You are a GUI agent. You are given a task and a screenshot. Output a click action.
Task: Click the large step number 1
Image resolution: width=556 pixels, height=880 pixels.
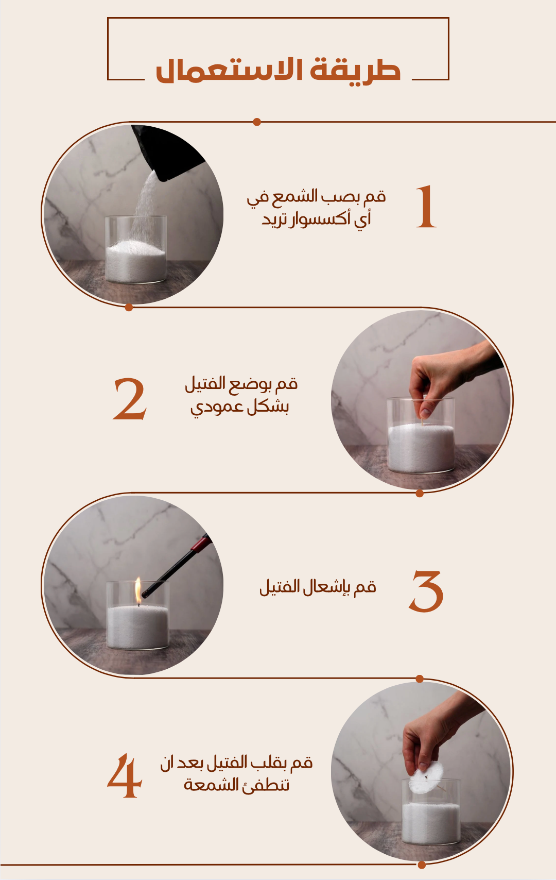click(426, 207)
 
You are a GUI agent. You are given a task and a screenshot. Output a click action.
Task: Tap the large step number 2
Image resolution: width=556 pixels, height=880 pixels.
click(130, 399)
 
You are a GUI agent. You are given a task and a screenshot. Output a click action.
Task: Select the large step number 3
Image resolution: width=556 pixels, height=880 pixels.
click(426, 591)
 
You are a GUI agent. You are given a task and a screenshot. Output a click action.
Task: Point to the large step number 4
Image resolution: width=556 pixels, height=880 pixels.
click(125, 775)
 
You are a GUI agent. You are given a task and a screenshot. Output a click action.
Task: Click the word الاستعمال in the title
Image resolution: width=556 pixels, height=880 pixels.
click(230, 70)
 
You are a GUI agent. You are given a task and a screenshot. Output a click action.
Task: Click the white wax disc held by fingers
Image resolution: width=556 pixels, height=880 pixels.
click(426, 777)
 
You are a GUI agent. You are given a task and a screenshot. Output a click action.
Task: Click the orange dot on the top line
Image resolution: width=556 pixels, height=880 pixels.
click(257, 122)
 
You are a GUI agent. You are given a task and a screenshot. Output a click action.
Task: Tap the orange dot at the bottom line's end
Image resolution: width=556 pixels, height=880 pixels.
click(422, 865)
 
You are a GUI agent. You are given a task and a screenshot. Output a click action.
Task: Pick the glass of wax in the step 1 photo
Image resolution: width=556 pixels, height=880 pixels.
click(136, 249)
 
